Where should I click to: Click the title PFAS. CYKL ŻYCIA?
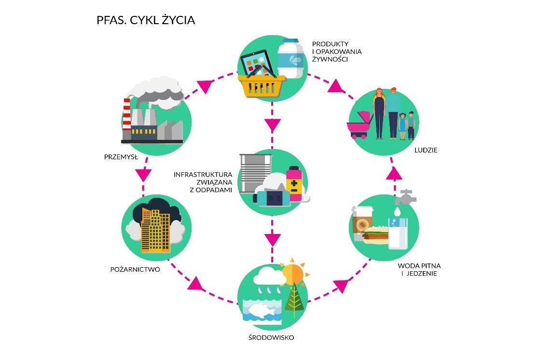click(146, 21)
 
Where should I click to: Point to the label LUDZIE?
click(426, 150)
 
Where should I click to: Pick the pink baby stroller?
click(360, 125)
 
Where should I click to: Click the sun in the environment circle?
click(293, 274)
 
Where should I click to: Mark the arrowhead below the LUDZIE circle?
click(395, 173)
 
